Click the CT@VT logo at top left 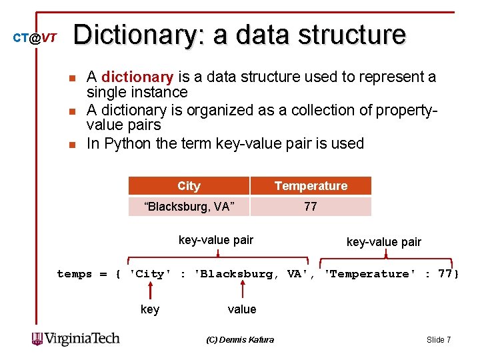coord(35,38)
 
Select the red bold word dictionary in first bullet coord(137,77)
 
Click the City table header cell coord(189,186)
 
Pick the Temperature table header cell coord(311,186)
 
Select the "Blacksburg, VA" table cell coord(189,207)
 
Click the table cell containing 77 coord(311,207)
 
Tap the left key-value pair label coord(216,240)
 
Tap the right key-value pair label coord(383,242)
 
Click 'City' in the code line coord(150,274)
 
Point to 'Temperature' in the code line coord(369,274)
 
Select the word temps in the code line coord(73,274)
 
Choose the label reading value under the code coord(242,309)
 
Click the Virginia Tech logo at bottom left coord(76,339)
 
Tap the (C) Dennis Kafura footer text coord(240,340)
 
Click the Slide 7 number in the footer coord(439,340)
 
